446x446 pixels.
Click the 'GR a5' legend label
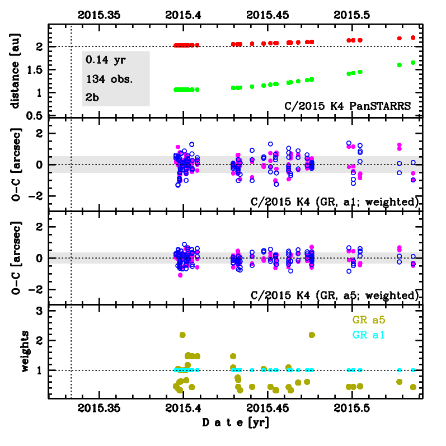pos(372,321)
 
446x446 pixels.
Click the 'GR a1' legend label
pos(372,335)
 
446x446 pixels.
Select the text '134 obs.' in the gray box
pos(110,79)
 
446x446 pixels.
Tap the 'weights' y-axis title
pos(26,351)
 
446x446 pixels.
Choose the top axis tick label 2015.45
pos(267,16)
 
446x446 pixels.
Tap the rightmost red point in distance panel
pos(413,37)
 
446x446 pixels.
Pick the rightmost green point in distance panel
pos(413,63)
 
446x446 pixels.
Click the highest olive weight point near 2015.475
pos(312,335)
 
